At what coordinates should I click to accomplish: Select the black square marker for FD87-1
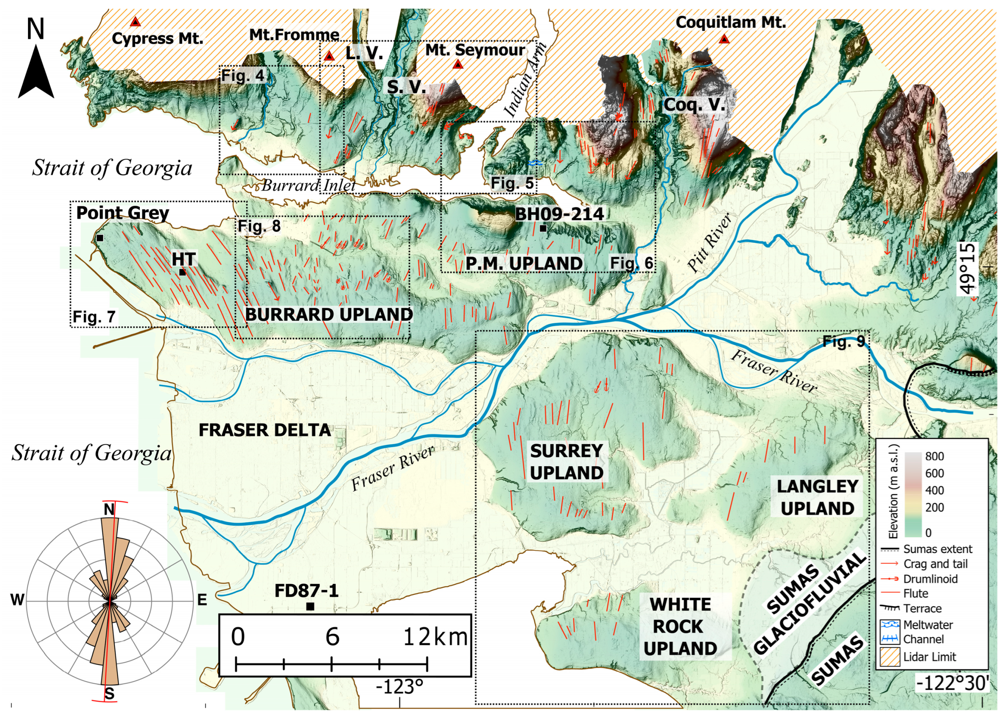[310, 607]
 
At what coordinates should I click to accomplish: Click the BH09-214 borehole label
[559, 214]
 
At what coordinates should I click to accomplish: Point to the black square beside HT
[182, 272]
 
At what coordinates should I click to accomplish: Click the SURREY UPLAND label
[567, 462]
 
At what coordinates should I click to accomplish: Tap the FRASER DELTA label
[264, 430]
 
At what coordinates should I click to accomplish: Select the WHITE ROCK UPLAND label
[680, 627]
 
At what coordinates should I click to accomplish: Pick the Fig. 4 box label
[243, 76]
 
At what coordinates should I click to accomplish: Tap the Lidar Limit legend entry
[929, 657]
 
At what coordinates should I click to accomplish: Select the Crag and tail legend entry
[929, 564]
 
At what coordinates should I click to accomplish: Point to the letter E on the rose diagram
[202, 600]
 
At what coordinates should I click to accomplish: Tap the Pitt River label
[710, 243]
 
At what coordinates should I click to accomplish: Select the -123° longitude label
[399, 687]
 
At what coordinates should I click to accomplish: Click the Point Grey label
[123, 213]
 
